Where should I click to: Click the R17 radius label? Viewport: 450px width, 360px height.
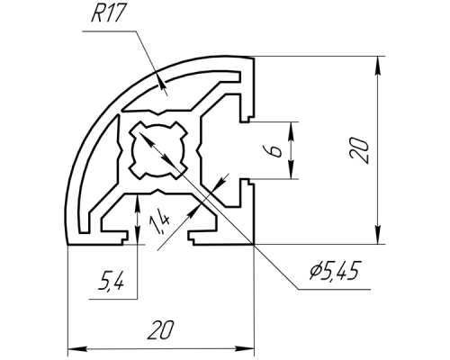[x=107, y=13]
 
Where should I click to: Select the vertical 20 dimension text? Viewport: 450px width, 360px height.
[x=359, y=150]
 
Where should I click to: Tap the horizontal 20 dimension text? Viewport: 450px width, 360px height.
[x=160, y=330]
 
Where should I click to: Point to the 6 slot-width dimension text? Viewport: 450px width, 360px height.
[x=276, y=150]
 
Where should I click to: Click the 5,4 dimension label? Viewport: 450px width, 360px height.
[x=112, y=281]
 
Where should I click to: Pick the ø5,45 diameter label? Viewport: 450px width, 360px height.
[x=334, y=271]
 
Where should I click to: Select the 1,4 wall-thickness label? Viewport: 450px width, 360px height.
[x=160, y=223]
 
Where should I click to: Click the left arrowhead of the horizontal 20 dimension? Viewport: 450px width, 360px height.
[x=77, y=349]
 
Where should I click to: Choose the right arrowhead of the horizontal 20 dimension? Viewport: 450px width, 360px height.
[x=245, y=349]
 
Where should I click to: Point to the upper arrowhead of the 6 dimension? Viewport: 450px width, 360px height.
[x=291, y=131]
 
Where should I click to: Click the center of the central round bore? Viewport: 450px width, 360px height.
[x=158, y=150]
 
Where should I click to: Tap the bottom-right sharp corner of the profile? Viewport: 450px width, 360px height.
[x=254, y=245]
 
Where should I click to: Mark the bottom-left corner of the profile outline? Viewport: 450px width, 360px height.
[x=67, y=245]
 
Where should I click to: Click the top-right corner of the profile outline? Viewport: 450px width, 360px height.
[x=254, y=58]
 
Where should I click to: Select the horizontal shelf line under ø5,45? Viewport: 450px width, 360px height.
[x=334, y=290]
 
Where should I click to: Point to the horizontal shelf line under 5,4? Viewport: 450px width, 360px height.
[x=113, y=299]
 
